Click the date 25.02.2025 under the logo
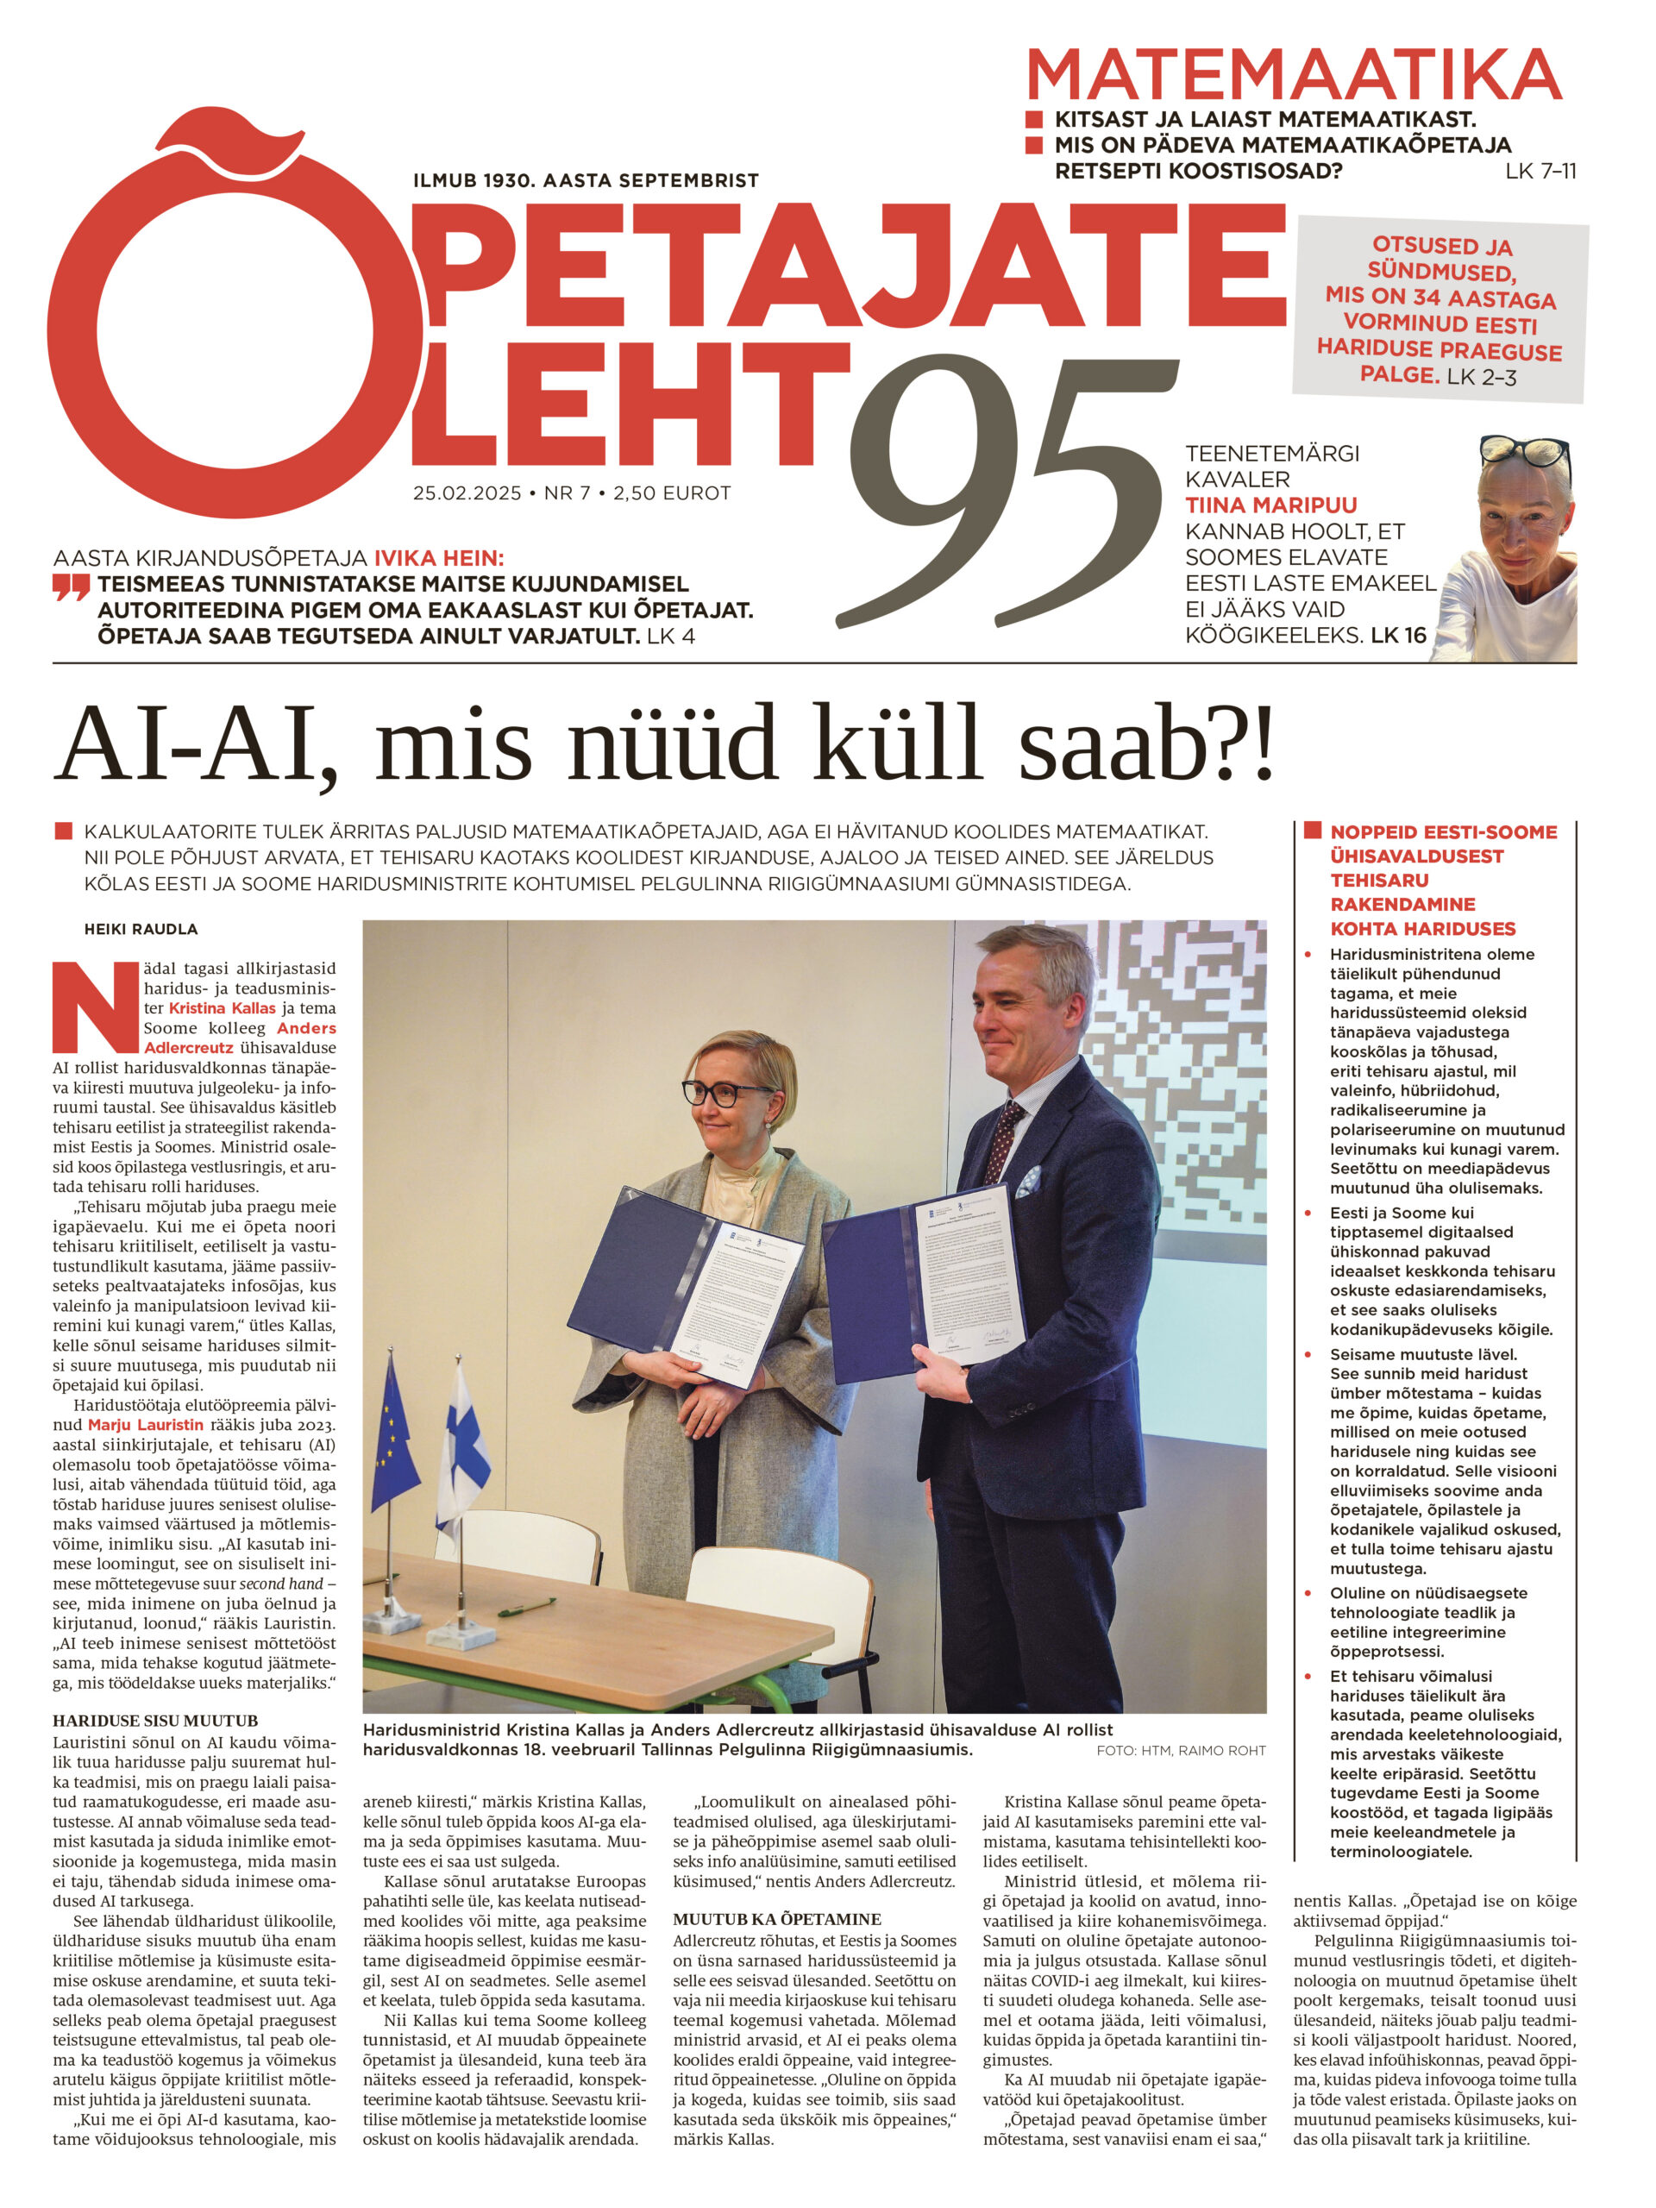(x=467, y=493)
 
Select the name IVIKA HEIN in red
(x=438, y=558)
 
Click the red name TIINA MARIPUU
(x=1270, y=505)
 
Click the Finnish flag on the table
(x=462, y=1438)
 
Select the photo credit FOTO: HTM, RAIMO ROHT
(x=1180, y=1751)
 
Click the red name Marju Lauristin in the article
(x=145, y=1425)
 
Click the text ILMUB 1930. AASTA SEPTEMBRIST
(x=586, y=180)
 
